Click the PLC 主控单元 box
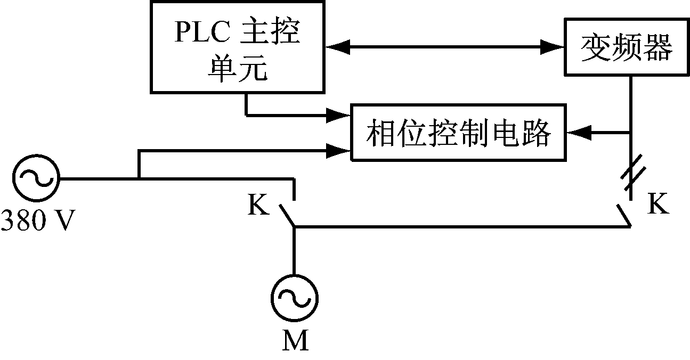click(x=238, y=47)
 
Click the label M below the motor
click(x=295, y=341)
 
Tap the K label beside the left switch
click(x=259, y=205)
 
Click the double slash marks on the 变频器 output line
click(x=632, y=177)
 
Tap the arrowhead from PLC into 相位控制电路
click(x=341, y=114)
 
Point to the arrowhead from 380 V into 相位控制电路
click(x=341, y=151)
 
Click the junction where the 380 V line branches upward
click(x=139, y=179)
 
